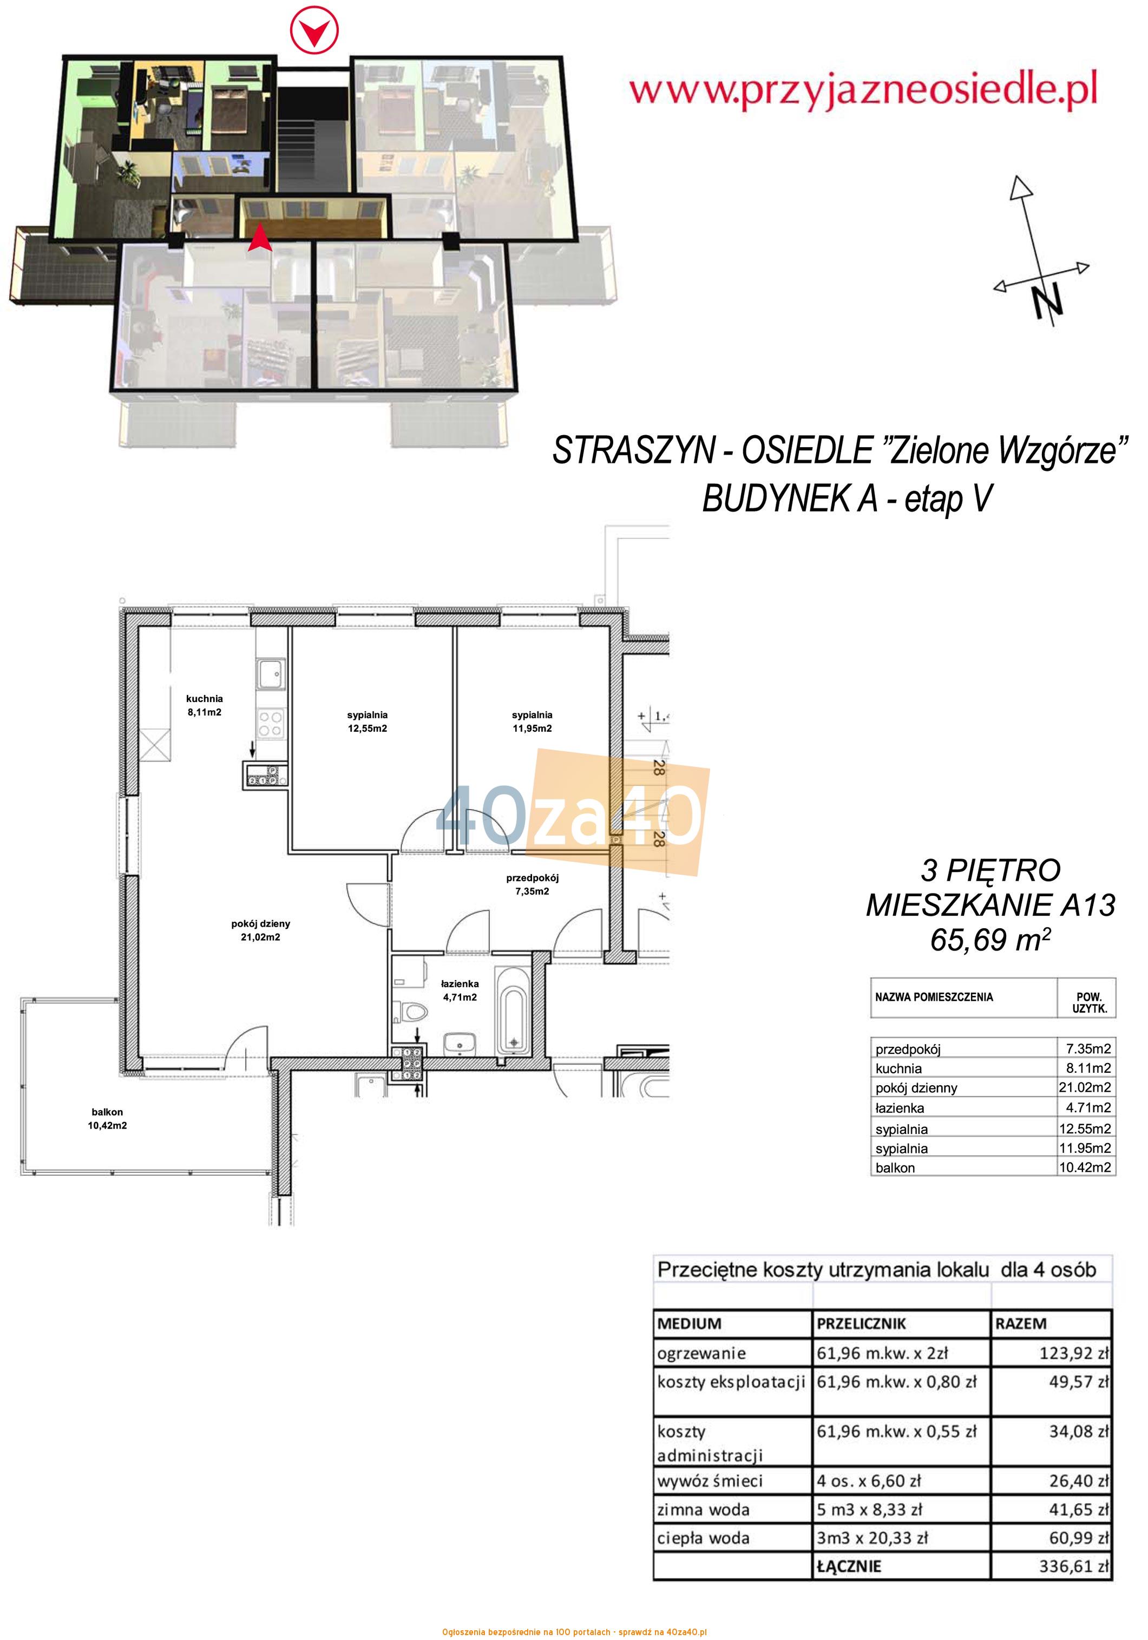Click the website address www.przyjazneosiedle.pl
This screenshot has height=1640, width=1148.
[863, 91]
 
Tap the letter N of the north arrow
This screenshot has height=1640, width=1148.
[1047, 299]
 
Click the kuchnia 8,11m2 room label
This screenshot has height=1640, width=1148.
[204, 705]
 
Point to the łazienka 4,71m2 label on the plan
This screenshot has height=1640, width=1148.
[460, 990]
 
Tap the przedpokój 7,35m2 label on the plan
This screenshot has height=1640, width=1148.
[532, 884]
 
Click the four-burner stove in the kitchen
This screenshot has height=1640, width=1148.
[271, 722]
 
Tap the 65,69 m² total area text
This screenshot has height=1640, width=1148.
[990, 941]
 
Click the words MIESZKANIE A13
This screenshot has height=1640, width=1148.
[990, 906]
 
